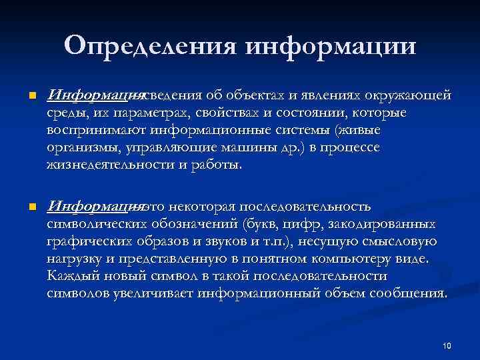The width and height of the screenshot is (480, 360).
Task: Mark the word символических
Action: click(96, 225)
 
